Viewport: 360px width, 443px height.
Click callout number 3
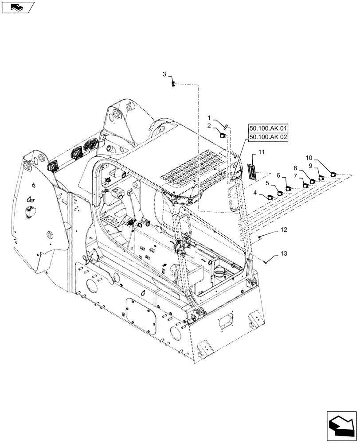(x=164, y=74)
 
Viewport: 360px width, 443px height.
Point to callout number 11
(x=262, y=152)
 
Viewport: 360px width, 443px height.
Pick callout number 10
(x=309, y=158)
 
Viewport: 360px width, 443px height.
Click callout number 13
(x=284, y=254)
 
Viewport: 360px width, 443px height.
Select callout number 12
(x=284, y=230)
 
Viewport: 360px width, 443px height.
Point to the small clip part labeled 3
(x=174, y=84)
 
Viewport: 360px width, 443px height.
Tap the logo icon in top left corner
(x=16, y=7)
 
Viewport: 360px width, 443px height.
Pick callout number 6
(x=278, y=175)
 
